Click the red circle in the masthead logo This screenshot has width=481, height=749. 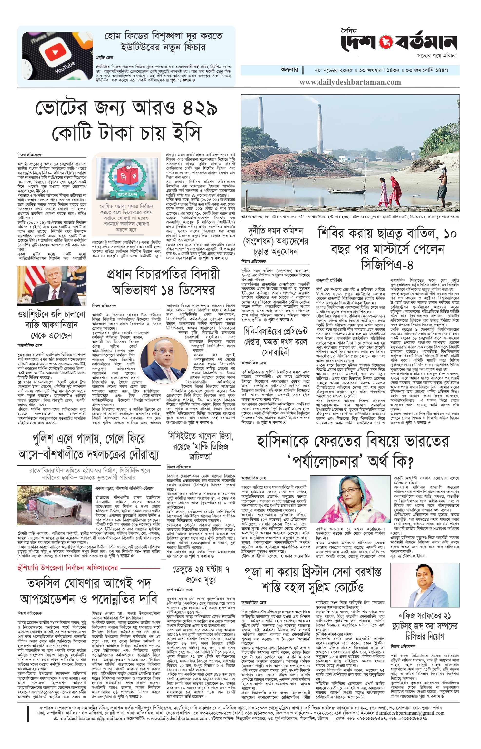(383, 42)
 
